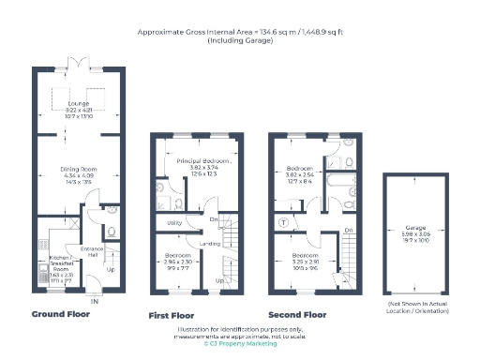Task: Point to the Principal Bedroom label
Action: click(202, 162)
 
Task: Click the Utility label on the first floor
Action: click(174, 223)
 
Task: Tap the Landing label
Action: click(210, 245)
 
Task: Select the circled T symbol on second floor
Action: click(284, 223)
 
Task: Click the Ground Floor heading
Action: click(61, 314)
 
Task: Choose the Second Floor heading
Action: click(296, 316)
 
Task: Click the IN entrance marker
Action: click(93, 300)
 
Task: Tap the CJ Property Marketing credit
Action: click(240, 343)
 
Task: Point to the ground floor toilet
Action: click(112, 232)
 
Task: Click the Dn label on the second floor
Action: click(348, 230)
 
